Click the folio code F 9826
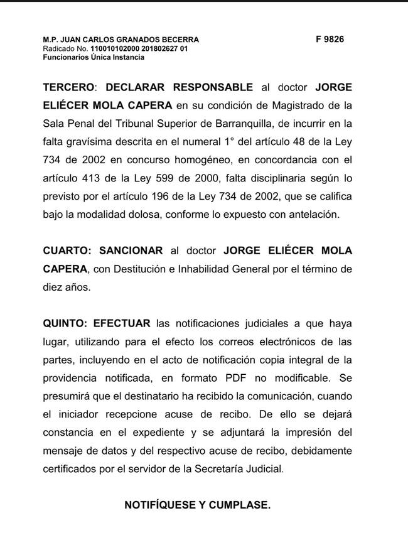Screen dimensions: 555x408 click(x=330, y=39)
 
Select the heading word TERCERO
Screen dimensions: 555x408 click(x=66, y=87)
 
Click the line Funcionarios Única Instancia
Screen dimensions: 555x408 click(x=94, y=57)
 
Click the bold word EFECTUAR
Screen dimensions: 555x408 click(x=122, y=323)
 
